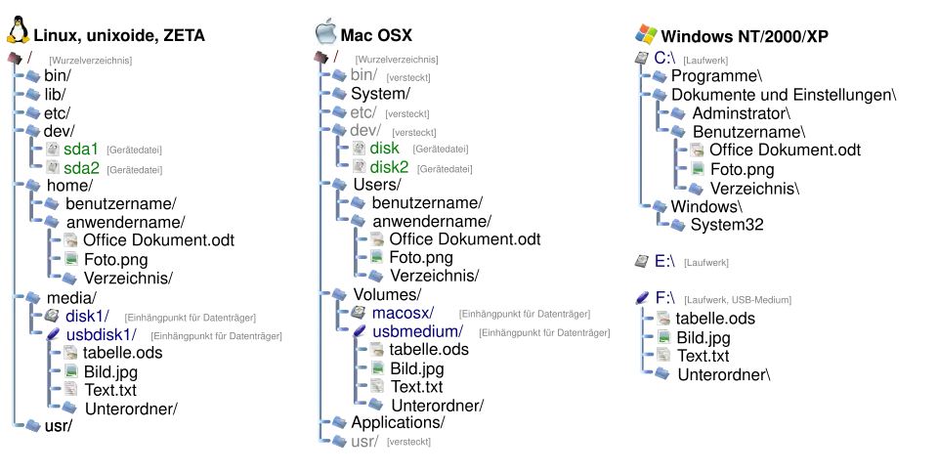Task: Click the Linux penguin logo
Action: point(16,32)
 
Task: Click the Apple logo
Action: point(327,31)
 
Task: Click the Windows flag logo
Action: point(645,32)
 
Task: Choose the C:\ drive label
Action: point(665,59)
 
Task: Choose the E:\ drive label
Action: point(665,261)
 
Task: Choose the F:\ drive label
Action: point(665,296)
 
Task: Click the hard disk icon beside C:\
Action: point(641,59)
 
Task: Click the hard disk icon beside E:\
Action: point(641,261)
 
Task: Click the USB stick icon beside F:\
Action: point(641,296)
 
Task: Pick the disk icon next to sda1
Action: point(53,150)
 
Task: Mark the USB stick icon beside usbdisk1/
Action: point(54,334)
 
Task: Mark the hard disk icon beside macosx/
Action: point(360,313)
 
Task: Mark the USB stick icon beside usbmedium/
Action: point(360,332)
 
